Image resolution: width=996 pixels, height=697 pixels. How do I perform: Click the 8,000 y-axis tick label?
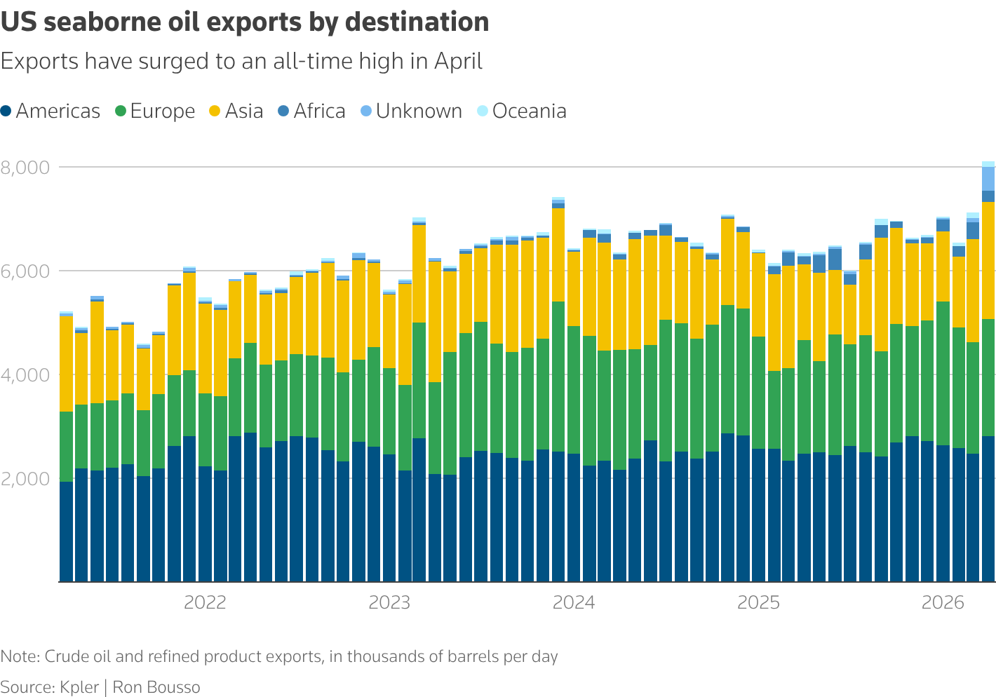[25, 168]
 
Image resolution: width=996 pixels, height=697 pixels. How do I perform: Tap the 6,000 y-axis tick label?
[25, 271]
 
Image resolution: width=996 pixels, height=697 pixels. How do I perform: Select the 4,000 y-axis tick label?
[25, 375]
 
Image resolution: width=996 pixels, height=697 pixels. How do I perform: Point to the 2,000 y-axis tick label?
[25, 479]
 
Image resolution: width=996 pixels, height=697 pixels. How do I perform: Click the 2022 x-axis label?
[205, 603]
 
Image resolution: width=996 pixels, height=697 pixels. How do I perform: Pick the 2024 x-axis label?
[574, 603]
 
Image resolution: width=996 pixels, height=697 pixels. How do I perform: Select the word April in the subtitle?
[458, 62]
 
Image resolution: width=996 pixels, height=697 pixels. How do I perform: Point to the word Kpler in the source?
[79, 687]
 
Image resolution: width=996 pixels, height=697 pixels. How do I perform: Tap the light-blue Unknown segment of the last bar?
[988, 179]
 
